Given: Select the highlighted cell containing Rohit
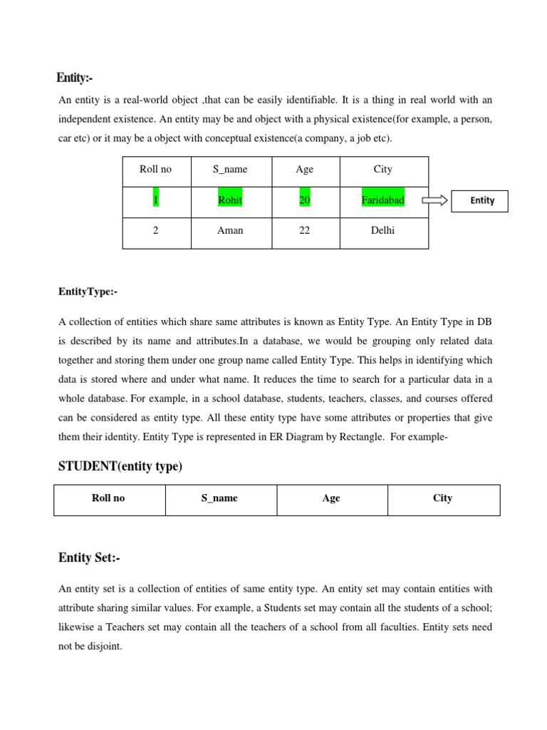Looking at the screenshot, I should click(x=230, y=200).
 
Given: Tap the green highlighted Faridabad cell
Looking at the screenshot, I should click(x=382, y=200).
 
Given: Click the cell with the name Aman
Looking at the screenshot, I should click(x=230, y=231).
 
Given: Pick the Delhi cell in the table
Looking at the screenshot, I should click(x=383, y=231).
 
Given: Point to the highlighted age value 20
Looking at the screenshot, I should click(x=304, y=200).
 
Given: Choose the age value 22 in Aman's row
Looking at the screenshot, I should click(x=304, y=231).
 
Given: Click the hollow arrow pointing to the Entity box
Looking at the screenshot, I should click(x=435, y=200).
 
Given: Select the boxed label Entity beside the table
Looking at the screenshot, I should click(x=482, y=200).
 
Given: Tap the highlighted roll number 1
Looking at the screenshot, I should click(x=155, y=200).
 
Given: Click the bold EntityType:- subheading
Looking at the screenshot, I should click(x=88, y=292).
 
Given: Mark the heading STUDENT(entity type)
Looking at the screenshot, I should click(x=120, y=466).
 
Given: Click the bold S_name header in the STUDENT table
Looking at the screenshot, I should click(x=219, y=498).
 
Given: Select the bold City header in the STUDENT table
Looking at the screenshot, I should click(x=442, y=498).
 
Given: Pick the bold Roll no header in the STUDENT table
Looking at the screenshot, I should click(x=108, y=498).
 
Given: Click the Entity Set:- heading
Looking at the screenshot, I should click(x=89, y=557).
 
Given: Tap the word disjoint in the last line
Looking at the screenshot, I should click(x=104, y=647).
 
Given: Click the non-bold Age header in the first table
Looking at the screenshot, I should click(x=304, y=170).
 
